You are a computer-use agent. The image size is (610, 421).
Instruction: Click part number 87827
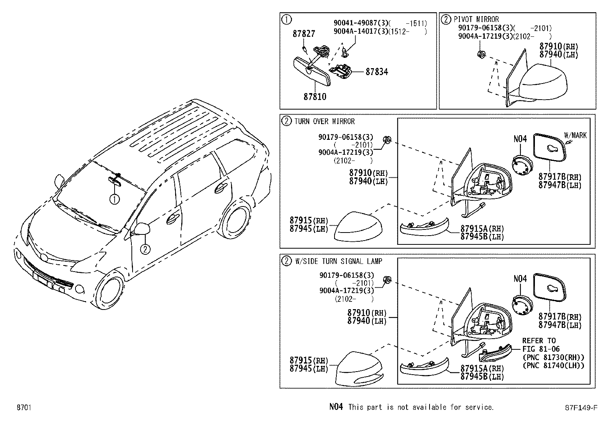(304, 34)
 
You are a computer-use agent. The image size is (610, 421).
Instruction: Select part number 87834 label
(376, 72)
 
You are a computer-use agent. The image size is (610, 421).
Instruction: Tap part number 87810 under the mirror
(315, 97)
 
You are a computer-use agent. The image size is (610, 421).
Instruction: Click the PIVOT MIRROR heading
(476, 19)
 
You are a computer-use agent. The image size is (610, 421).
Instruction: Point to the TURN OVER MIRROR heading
(324, 121)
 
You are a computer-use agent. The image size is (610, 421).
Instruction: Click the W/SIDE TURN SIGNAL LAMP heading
(338, 261)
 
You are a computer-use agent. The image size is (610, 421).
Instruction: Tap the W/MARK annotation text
(575, 135)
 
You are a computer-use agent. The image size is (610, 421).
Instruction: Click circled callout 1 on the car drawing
(114, 199)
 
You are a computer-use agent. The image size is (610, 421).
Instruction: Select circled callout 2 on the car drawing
(145, 249)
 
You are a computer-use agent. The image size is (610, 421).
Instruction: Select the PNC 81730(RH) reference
(553, 357)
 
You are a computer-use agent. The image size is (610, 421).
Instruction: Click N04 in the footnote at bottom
(336, 407)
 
